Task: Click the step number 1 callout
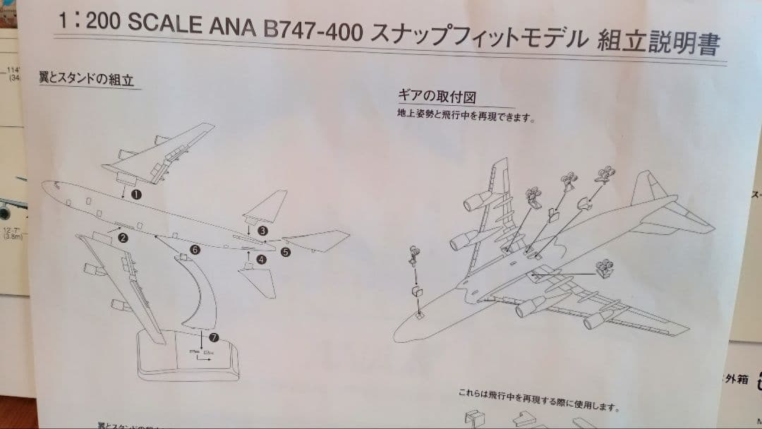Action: coord(136,193)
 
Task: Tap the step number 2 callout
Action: coord(123,238)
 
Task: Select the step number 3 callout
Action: coord(262,230)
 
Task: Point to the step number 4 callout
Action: coord(262,259)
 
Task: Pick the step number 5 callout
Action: coord(286,251)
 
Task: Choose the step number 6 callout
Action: coord(195,250)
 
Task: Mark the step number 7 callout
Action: coord(214,337)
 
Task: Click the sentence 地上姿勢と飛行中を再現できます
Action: coord(465,115)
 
